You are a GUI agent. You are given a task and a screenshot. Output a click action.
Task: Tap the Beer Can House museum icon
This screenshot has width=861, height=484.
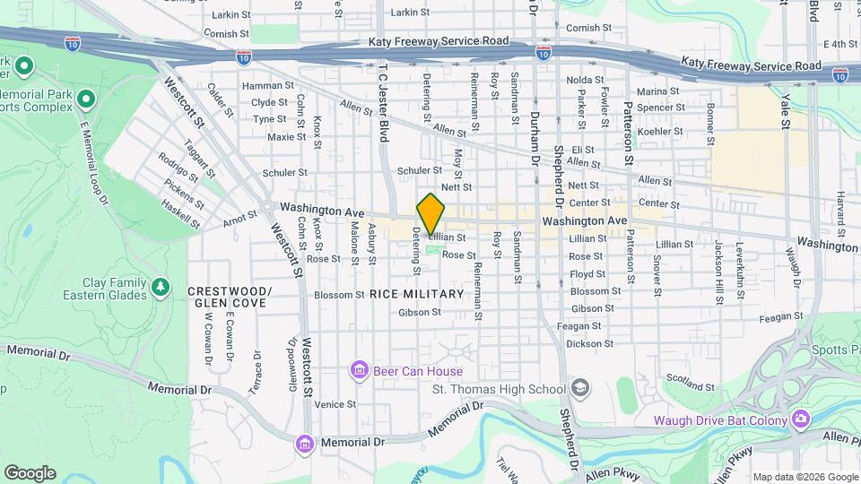[x=360, y=370]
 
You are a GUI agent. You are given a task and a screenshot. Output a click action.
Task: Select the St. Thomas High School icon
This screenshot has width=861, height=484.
[x=580, y=388]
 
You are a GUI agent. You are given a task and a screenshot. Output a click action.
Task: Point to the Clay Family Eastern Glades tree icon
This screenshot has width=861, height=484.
[x=161, y=287]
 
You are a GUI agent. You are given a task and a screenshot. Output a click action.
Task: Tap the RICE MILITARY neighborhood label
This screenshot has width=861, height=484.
[x=416, y=294]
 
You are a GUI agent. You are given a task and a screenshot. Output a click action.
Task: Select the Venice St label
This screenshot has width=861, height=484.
[x=328, y=404]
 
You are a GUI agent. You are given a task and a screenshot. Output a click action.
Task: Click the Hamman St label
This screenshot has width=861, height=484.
[x=263, y=86]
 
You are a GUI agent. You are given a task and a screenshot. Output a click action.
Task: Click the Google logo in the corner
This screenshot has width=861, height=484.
[x=30, y=473]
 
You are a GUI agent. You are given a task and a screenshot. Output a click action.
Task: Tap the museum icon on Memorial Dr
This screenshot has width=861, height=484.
[x=305, y=443]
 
